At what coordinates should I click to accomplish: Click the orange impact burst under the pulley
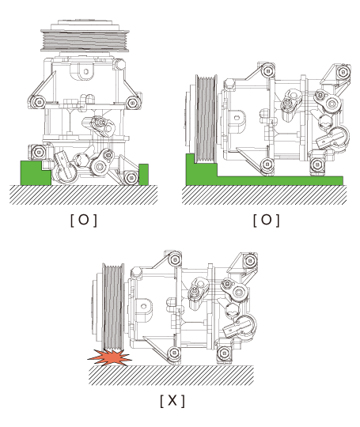coord(109,358)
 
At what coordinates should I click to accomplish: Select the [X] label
coord(172,401)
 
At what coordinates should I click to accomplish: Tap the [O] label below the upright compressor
coord(84,220)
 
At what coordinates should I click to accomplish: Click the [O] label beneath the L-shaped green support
coord(267,220)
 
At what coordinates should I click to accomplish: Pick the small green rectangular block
coord(144,175)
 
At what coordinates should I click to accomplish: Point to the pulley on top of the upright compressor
coord(85,36)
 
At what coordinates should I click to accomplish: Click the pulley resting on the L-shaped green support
coord(205,119)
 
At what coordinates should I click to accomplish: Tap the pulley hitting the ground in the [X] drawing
coord(112,307)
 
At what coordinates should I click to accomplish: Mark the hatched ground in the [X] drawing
coord(171,376)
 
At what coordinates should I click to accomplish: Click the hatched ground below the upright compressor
coord(83,195)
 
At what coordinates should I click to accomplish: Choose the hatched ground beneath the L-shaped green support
coord(264,195)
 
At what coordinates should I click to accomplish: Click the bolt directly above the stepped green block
coord(39,151)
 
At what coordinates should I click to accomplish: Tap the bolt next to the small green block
coord(131,178)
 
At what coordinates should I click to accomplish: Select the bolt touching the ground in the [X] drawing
coord(174,353)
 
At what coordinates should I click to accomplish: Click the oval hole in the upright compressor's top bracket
coord(85,72)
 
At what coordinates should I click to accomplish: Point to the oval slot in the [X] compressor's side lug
coord(144,306)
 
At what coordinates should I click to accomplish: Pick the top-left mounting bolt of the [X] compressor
coord(175,259)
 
